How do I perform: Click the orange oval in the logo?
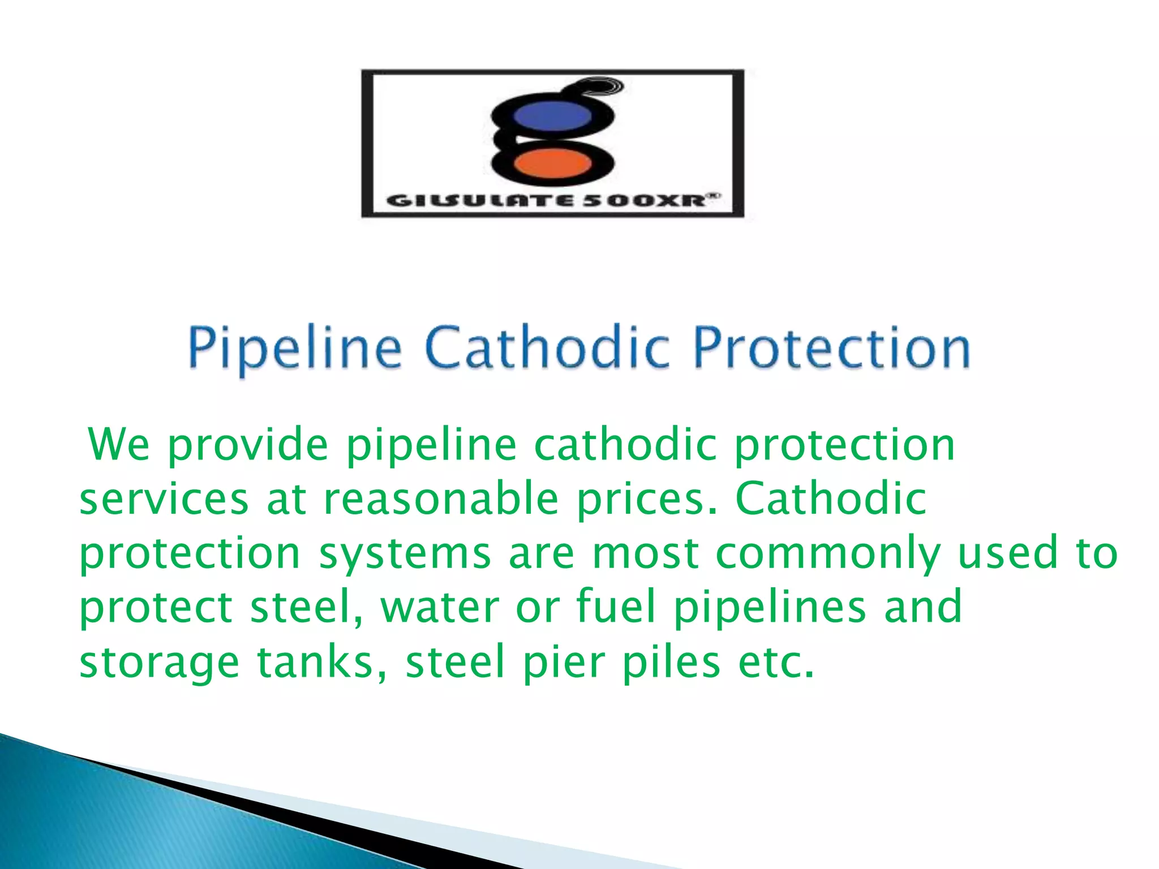pos(552,164)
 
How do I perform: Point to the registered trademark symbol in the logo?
pos(714,196)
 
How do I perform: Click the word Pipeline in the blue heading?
pos(295,347)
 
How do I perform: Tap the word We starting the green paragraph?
pos(119,445)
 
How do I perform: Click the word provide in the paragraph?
pos(248,446)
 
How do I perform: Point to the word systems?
pos(405,554)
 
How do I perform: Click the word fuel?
pos(616,606)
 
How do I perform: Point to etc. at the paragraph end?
pos(776,662)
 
